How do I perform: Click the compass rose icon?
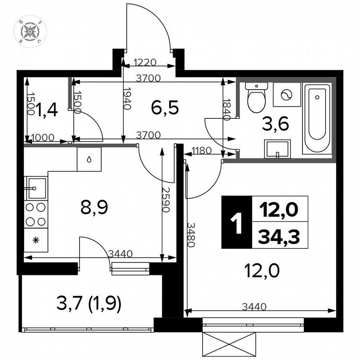click(x=30, y=31)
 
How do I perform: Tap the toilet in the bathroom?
click(x=256, y=97)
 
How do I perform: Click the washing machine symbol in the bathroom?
click(x=287, y=95)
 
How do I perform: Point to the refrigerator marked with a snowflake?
click(x=35, y=240)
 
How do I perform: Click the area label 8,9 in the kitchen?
click(x=94, y=207)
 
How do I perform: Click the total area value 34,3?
click(x=280, y=237)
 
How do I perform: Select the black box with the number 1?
click(x=236, y=222)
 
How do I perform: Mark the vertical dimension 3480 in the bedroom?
click(x=190, y=235)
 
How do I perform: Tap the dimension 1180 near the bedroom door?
click(x=202, y=150)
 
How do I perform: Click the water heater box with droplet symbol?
click(x=89, y=159)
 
